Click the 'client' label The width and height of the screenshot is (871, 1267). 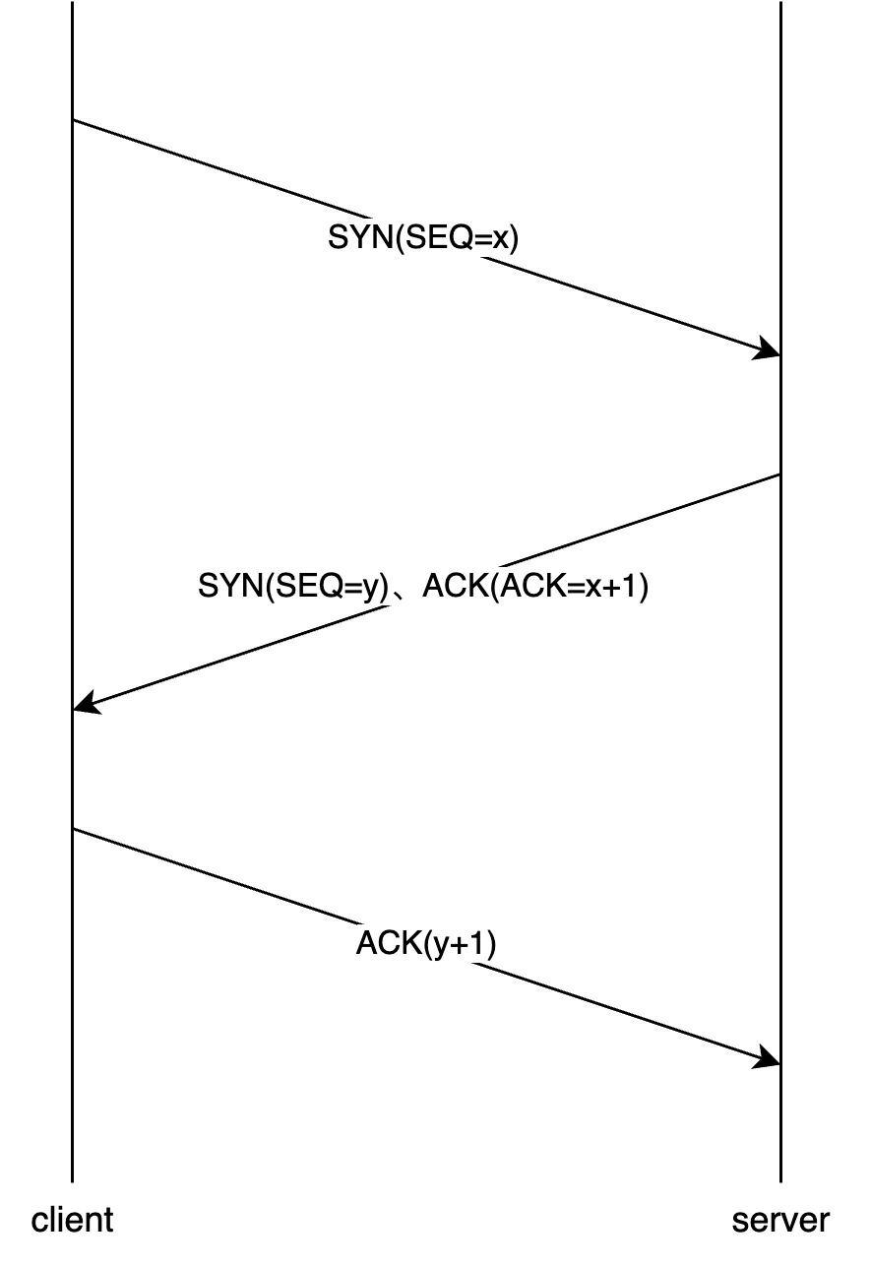point(73,1221)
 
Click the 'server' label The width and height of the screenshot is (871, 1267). point(780,1221)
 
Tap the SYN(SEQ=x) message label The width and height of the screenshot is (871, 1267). point(422,238)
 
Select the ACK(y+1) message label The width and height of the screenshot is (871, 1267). point(426,944)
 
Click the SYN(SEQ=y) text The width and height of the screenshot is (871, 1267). point(293,588)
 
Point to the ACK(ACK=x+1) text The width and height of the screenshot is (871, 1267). point(535,588)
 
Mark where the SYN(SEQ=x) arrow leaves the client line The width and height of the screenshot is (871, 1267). point(73,120)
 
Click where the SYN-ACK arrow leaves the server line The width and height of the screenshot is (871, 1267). point(780,475)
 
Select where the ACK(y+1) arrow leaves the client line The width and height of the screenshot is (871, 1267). point(73,829)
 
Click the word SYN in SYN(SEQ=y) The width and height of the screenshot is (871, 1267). point(228,588)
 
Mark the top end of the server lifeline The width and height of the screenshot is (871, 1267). point(780,3)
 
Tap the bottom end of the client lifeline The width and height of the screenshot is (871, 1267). point(73,1180)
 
